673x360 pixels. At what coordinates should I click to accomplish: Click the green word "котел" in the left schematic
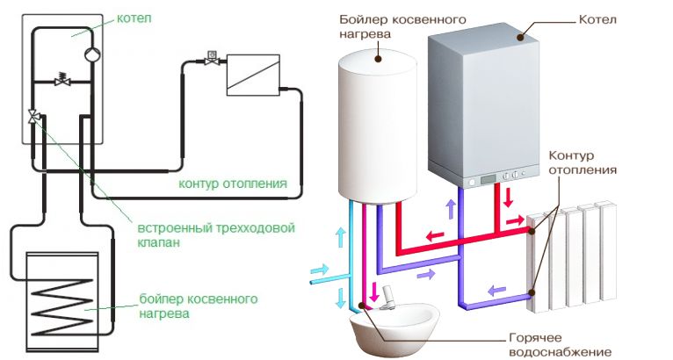134,19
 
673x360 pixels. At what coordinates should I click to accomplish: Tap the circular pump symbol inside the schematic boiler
92,54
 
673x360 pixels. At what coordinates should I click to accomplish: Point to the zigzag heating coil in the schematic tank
62,306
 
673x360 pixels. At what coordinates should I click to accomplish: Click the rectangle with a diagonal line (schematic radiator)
253,75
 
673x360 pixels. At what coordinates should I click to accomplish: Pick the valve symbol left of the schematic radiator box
212,59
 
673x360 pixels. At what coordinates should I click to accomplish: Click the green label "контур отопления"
233,184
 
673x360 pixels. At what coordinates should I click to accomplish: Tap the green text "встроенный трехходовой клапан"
216,234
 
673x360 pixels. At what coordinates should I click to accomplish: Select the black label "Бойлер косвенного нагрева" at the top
402,26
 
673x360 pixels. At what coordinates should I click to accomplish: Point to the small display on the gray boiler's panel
488,178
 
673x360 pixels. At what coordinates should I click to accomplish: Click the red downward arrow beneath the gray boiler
508,197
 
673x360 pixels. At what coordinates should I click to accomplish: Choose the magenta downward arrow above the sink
374,292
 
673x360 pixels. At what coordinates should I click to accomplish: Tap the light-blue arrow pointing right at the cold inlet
319,270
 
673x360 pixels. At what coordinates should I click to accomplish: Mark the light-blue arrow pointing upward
341,237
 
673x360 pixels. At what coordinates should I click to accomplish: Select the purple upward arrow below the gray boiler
451,208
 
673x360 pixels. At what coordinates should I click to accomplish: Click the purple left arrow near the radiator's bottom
497,291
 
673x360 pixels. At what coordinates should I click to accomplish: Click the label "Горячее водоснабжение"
560,344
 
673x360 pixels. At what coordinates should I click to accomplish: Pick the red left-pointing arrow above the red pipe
435,235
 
